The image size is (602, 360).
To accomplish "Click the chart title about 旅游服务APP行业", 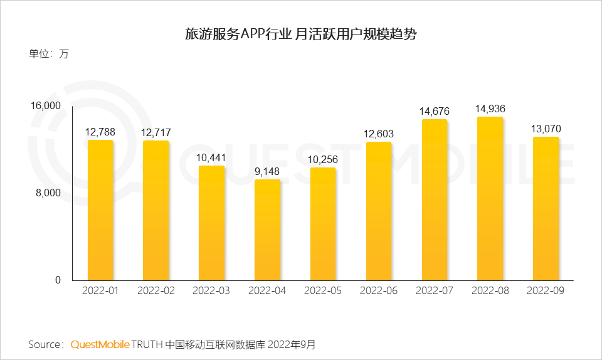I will coord(300,34).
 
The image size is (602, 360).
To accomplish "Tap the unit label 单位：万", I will coord(48,53).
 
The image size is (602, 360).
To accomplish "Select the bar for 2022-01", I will coord(100,209).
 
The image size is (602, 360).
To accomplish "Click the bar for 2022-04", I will coord(267,230).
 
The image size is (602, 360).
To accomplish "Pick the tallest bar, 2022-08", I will coord(490,198).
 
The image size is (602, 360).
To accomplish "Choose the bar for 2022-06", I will coord(378,211).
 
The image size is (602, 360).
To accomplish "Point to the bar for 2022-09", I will coord(546,208).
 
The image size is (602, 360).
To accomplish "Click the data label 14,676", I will coord(434,112).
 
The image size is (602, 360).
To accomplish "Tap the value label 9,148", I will coord(267,171).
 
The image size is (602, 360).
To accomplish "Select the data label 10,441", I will coord(211,157).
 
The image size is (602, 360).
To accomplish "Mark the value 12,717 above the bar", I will coord(156,132).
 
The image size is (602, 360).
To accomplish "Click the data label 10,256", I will coord(323,159).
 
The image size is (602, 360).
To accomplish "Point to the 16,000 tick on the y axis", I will coord(46,106).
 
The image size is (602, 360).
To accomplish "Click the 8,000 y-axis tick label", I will coord(48,193).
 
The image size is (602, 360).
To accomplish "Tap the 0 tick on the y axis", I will coord(58,280).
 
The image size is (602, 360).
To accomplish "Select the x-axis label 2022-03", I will coord(211,292).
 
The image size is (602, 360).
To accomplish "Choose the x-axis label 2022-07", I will coord(434,292).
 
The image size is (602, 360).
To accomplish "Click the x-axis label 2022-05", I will coord(323,292).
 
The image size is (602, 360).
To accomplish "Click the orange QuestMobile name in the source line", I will coord(100,345).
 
